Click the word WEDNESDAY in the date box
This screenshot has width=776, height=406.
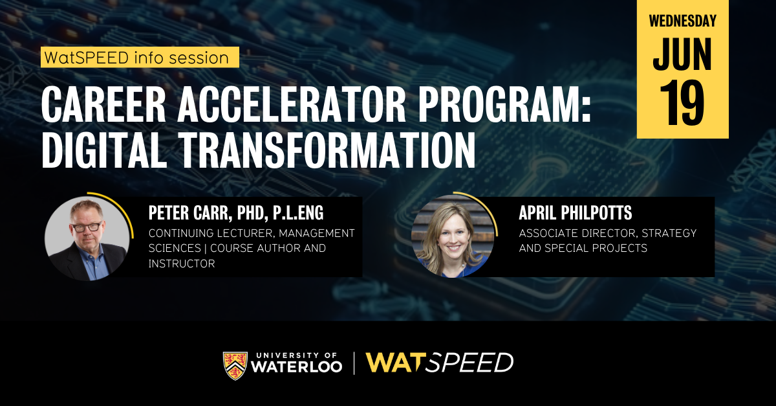pos(683,21)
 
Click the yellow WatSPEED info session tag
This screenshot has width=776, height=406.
pos(140,58)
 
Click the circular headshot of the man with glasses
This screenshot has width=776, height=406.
pos(87,238)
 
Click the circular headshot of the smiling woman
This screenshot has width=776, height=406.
pos(453,236)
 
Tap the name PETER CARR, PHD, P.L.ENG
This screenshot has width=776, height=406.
pos(235,212)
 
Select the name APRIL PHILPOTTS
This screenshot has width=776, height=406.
pos(574,214)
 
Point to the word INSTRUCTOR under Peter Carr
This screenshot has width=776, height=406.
pos(182,264)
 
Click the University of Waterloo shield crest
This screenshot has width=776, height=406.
pos(235,365)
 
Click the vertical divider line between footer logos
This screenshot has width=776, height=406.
pos(354,363)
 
